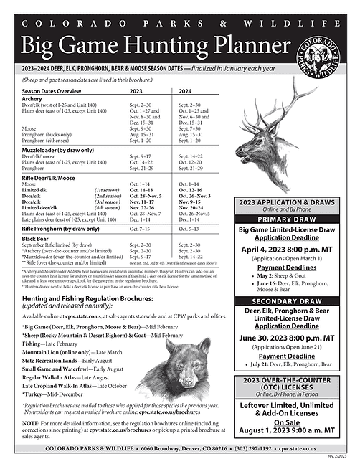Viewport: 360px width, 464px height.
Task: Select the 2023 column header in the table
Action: tap(136, 92)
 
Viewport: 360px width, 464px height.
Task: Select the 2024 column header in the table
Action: tap(184, 92)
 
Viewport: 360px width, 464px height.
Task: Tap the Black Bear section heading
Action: tap(35, 238)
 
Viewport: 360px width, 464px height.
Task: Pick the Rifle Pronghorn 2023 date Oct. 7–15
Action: tap(141, 228)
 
